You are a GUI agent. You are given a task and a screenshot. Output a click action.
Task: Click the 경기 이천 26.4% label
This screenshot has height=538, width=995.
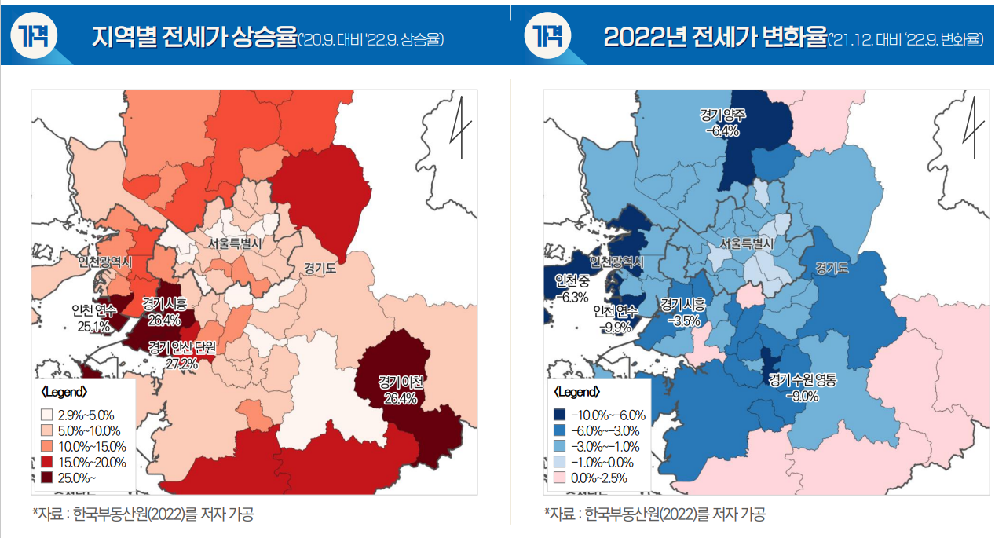click(x=401, y=390)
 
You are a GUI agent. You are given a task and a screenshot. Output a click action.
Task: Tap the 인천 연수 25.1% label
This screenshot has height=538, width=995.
click(x=93, y=317)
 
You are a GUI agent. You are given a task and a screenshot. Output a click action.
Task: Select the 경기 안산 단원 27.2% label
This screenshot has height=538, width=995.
click(x=181, y=354)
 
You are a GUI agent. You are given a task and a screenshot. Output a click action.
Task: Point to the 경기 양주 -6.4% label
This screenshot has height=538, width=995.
click(x=722, y=123)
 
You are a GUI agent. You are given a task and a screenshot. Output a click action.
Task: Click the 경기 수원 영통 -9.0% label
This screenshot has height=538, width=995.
click(x=802, y=388)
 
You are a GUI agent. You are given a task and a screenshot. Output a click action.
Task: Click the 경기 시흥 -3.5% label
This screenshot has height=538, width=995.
click(x=682, y=312)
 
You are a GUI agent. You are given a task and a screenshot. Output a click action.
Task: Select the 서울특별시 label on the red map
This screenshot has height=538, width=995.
click(x=235, y=243)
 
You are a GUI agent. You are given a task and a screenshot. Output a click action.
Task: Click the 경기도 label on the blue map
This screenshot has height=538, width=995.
click(x=832, y=268)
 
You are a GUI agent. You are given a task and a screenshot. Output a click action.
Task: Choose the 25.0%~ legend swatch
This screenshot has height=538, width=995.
click(x=47, y=478)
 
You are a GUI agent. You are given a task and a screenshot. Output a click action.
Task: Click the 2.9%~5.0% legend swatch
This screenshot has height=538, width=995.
click(x=47, y=415)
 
